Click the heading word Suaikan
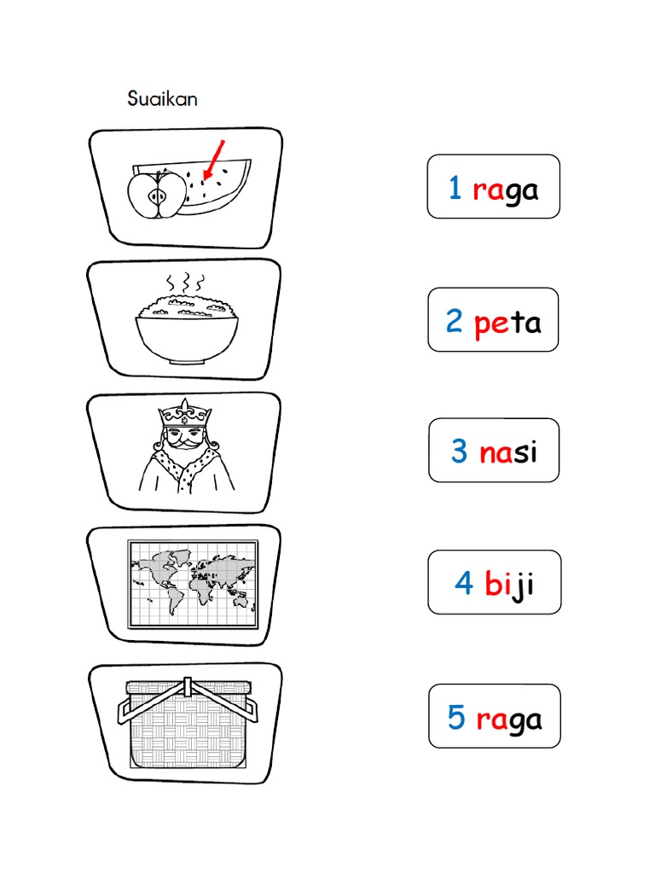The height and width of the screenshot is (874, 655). pos(162,99)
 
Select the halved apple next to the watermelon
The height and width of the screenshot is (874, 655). pos(157,195)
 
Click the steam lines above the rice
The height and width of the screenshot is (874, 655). pos(186,283)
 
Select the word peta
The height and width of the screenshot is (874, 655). pos(507,323)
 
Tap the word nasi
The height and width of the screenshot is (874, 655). pos(508,452)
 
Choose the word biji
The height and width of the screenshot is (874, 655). pos(509,586)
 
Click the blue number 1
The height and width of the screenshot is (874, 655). pos(455,189)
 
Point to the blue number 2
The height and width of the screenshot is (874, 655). pos(455,323)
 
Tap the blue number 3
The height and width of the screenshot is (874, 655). pos(460,452)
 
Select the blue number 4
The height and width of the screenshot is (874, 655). pos(464,585)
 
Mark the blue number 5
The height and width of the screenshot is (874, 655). pos(457,719)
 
